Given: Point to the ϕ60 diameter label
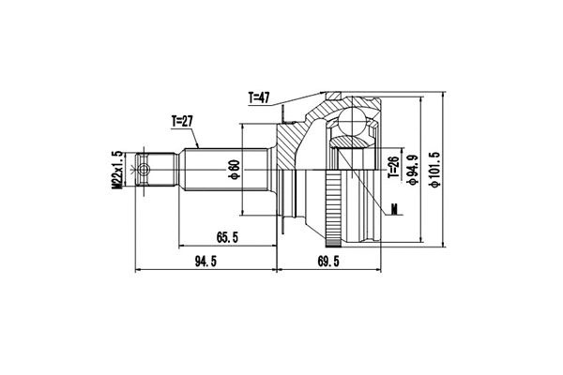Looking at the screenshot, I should coord(232,171).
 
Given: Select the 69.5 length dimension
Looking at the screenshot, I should coord(327,262).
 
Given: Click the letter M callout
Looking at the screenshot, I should coord(396,208).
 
